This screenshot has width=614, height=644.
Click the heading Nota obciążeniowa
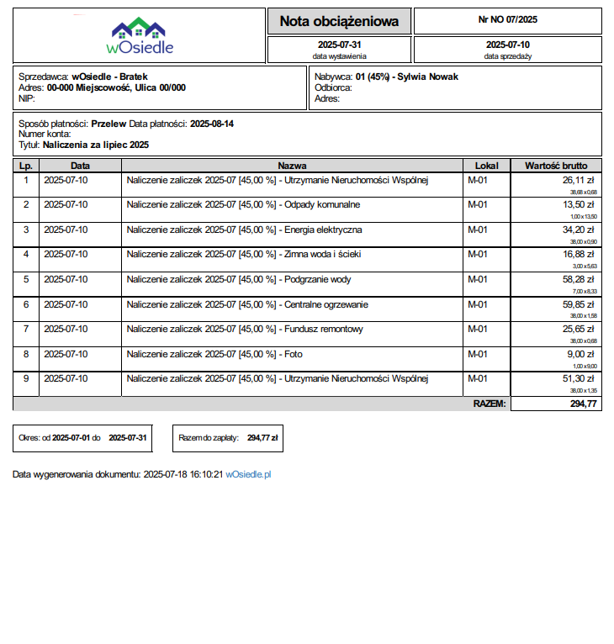click(339, 21)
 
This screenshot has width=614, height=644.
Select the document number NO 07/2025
click(507, 18)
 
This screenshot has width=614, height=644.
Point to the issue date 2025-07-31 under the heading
click(340, 45)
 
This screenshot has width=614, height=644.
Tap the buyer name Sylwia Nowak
click(428, 77)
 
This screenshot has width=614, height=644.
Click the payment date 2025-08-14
click(212, 124)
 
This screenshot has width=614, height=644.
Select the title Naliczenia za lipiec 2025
click(96, 145)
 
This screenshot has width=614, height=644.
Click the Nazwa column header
click(292, 166)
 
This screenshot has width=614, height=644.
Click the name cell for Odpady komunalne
click(243, 204)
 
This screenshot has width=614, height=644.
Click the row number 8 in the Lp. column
click(26, 354)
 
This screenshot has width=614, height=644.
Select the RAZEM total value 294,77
click(583, 404)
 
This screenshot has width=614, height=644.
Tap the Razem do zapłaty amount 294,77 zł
click(262, 437)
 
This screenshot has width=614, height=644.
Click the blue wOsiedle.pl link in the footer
click(248, 475)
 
